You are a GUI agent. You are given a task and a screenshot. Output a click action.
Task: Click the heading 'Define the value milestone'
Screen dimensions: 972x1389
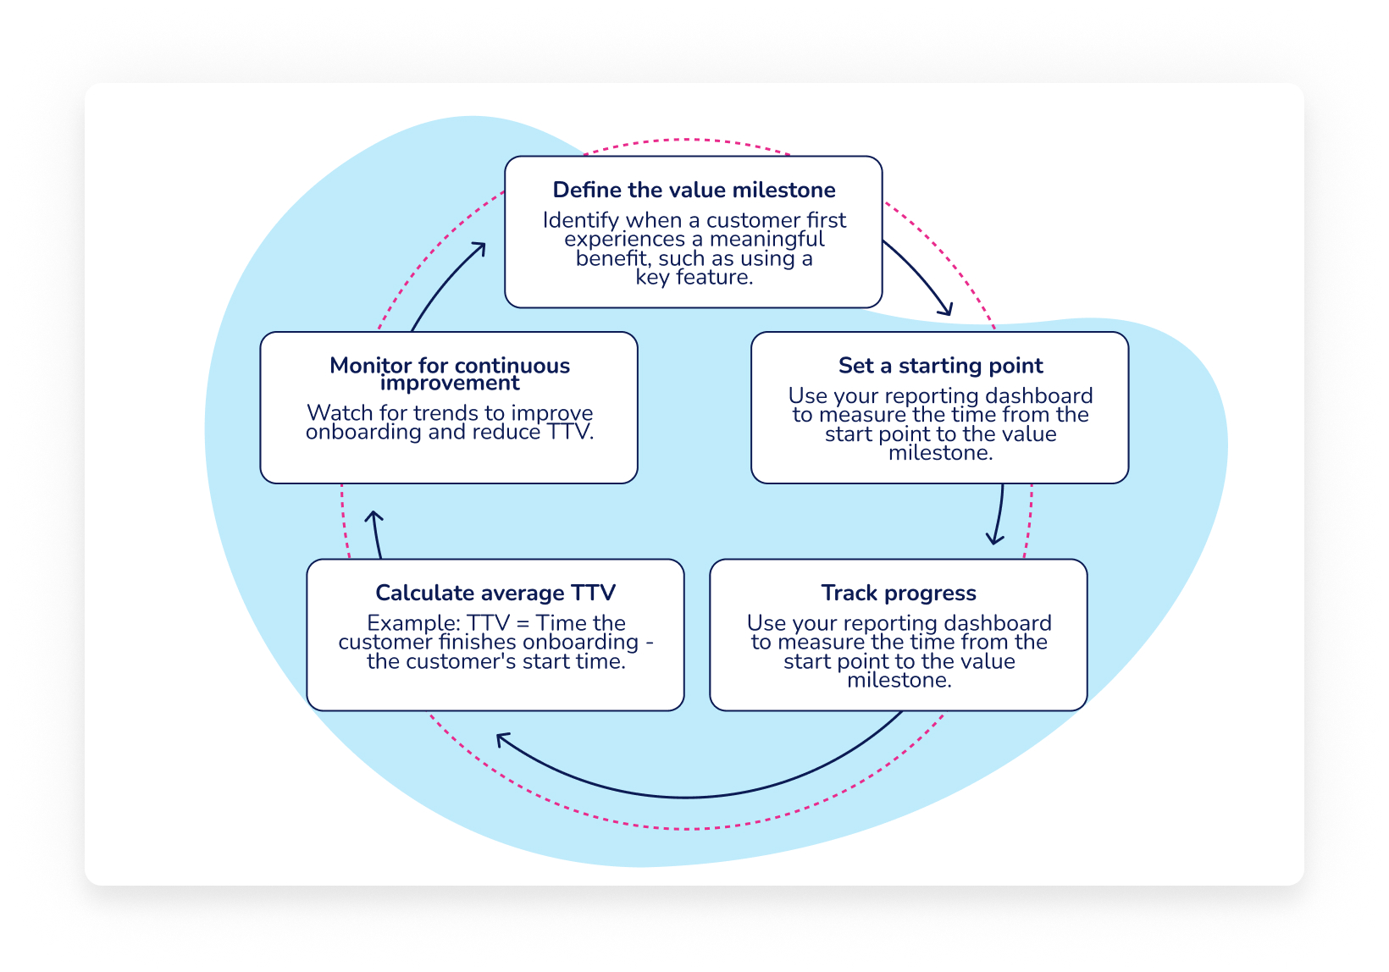click(694, 190)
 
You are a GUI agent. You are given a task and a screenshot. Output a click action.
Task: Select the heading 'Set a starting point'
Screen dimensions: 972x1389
click(940, 366)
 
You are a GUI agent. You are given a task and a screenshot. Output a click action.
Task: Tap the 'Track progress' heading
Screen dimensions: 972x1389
click(899, 593)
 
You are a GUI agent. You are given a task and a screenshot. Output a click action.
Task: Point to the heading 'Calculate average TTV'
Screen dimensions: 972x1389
click(495, 593)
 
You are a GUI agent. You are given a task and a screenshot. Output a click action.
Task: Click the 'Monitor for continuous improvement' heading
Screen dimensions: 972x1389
click(449, 373)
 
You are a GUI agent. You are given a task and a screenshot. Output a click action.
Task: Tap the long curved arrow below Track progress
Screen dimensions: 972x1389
click(686, 796)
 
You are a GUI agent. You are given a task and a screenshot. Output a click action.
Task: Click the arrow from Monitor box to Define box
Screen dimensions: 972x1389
click(445, 284)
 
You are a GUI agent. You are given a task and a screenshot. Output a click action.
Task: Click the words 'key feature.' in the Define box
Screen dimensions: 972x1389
click(694, 278)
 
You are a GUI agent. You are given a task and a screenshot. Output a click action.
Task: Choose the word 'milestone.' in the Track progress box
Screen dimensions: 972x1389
click(899, 681)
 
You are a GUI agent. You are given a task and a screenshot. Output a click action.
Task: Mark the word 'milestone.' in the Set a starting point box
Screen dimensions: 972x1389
click(940, 453)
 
